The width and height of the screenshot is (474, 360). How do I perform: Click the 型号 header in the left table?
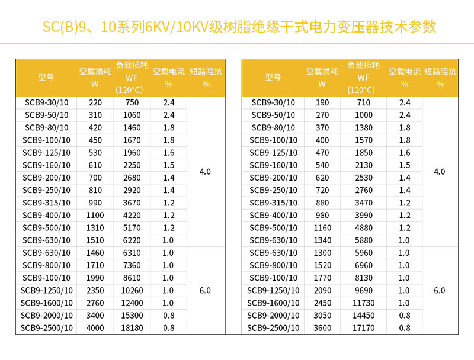tap(46, 78)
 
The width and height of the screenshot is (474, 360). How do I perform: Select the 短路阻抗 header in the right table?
tap(440, 78)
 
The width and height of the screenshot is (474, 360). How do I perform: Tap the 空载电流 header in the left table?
tap(169, 78)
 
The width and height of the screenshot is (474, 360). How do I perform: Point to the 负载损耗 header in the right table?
tap(363, 78)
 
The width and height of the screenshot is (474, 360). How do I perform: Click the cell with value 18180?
tap(131, 328)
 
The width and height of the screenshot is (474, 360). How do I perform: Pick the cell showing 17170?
tap(363, 328)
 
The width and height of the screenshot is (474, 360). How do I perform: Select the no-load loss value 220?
tap(95, 102)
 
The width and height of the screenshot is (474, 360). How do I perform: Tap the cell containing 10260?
tap(131, 290)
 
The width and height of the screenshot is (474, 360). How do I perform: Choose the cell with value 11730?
tap(363, 303)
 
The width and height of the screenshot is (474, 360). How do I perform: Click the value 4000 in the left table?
tap(95, 328)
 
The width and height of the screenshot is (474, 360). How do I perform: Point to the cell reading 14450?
tap(363, 316)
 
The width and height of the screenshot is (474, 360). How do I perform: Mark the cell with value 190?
tap(322, 102)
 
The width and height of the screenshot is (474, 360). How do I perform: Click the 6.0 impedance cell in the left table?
tap(205, 290)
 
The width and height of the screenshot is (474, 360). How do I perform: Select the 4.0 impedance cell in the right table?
tap(440, 172)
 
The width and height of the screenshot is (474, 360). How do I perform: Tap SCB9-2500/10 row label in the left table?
tap(47, 328)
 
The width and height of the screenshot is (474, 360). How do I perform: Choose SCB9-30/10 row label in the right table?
tap(273, 102)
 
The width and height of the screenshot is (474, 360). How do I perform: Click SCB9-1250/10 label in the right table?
tap(273, 290)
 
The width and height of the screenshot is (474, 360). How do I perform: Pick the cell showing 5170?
tap(131, 228)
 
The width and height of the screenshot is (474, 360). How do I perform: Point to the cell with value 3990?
tap(363, 216)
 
